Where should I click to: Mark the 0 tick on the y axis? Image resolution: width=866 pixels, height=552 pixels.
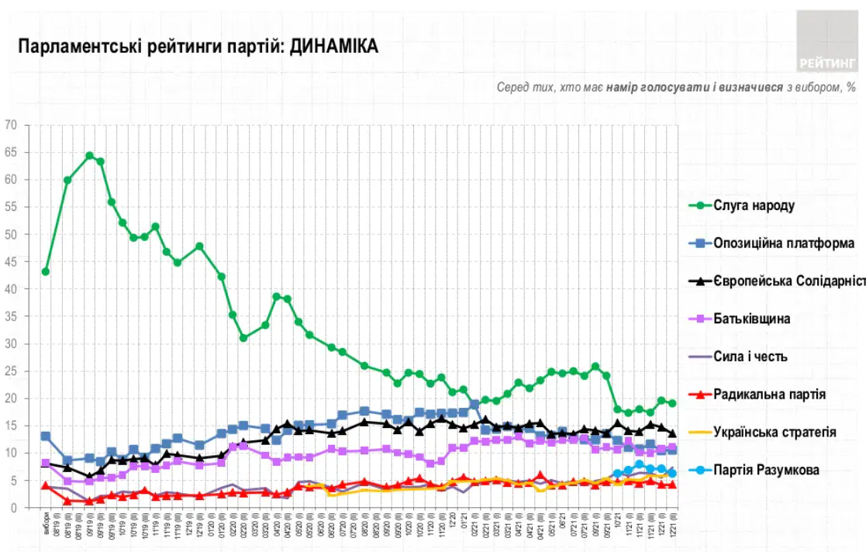point(13,508)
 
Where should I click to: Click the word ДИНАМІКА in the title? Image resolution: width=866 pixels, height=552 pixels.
point(335,47)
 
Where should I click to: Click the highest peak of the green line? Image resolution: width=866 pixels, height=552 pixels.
point(89,156)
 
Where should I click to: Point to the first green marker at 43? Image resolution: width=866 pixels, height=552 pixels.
point(46,271)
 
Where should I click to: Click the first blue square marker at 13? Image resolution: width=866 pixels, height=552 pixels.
point(46,436)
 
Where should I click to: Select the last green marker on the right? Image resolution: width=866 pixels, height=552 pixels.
point(673,403)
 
